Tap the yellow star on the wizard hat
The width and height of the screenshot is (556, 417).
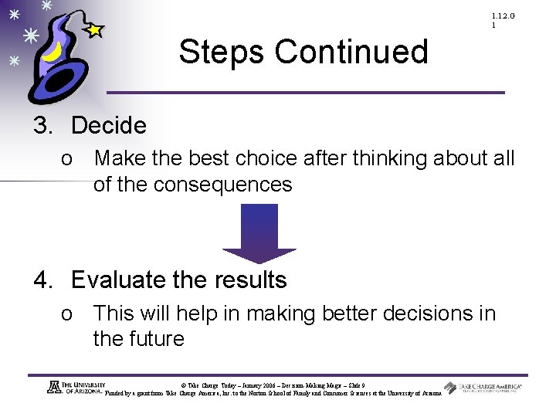pos(93,30)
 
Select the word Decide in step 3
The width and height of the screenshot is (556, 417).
pos(108,125)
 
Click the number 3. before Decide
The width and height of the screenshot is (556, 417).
pos(45,125)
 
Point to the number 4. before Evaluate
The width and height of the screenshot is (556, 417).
pos(45,280)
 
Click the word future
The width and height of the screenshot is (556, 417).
pos(161,339)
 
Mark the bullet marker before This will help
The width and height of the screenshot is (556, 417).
pos(68,314)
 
